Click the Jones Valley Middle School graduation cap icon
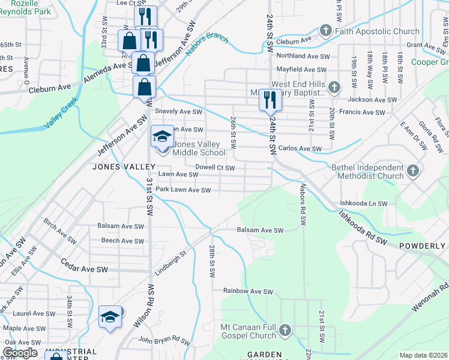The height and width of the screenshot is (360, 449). pos(161,137)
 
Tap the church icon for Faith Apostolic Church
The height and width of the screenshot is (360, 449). pos(325,30)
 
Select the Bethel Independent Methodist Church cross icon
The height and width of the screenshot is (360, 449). pos(412,172)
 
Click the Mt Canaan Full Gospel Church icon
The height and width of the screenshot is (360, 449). pos(285,329)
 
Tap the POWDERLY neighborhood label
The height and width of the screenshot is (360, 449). pos(425,246)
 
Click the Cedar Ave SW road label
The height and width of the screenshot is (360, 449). pos(84,266)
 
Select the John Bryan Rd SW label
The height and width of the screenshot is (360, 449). pos(164,340)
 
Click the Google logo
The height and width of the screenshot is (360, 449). pos(20,353)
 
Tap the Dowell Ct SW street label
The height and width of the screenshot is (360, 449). pos(214,168)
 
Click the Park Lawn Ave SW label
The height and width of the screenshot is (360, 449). pos(183,190)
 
